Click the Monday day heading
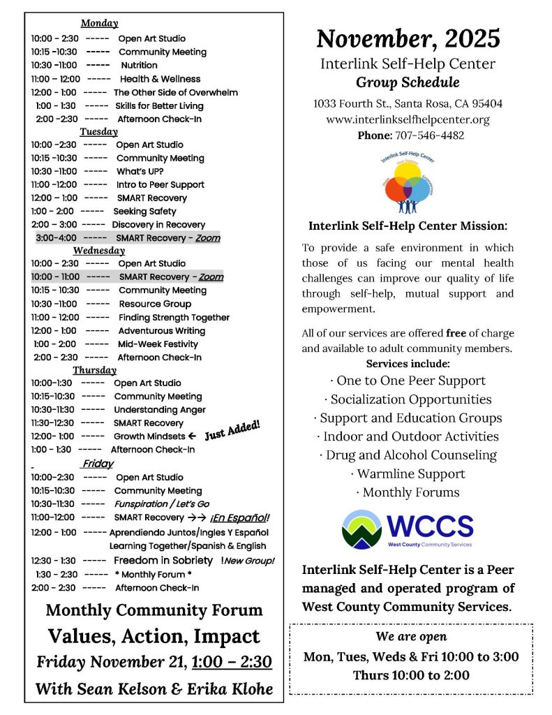click(x=99, y=24)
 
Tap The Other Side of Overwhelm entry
click(x=175, y=92)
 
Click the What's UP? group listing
click(x=140, y=171)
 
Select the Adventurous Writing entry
click(x=161, y=330)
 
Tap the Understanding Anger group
click(x=160, y=410)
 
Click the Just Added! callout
click(x=232, y=430)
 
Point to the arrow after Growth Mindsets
click(x=191, y=436)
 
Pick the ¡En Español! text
click(x=239, y=517)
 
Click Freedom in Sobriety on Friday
click(x=163, y=560)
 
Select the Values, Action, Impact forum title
click(x=154, y=636)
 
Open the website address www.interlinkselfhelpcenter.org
click(x=408, y=119)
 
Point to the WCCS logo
click(x=408, y=529)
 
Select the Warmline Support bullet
click(x=408, y=473)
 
